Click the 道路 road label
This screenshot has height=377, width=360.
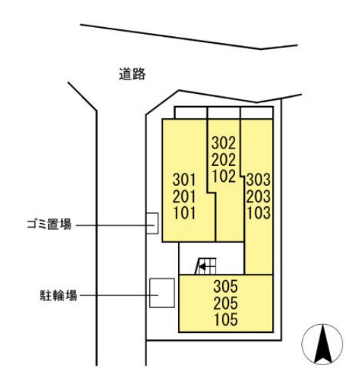(132, 74)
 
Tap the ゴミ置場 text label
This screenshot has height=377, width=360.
(50, 224)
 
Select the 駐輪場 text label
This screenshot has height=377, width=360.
(59, 295)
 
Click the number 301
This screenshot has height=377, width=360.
(184, 180)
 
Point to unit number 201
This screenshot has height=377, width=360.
(184, 197)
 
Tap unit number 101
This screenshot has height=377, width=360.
(184, 213)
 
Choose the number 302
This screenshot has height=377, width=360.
(223, 143)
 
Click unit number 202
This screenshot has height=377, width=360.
(223, 160)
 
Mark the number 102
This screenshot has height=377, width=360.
(223, 176)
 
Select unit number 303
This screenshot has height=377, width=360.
(258, 180)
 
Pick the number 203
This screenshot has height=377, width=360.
(258, 197)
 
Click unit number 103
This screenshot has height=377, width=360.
(259, 213)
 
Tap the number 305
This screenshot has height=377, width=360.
(226, 286)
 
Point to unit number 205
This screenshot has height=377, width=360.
(226, 302)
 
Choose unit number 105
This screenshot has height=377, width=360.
(226, 319)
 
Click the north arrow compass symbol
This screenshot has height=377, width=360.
(322, 344)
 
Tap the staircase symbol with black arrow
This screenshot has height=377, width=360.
(206, 266)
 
